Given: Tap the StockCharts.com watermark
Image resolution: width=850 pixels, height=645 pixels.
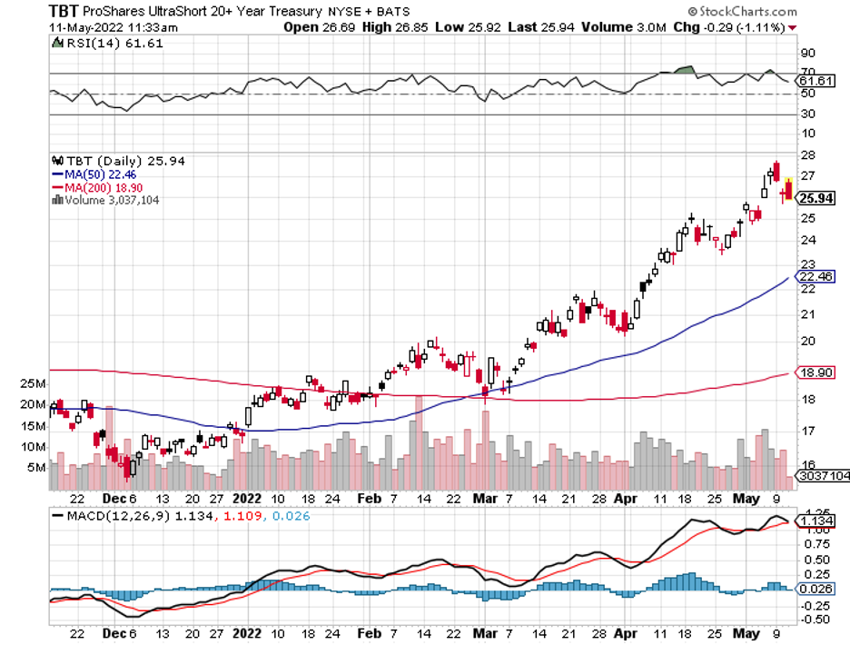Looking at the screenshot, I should tap(742, 12).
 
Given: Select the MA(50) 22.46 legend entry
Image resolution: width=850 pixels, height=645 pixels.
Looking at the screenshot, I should tap(94, 174).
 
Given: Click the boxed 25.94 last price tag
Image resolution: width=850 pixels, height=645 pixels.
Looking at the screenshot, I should tap(818, 198).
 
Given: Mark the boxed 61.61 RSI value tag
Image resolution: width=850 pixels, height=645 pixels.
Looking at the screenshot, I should tap(815, 81).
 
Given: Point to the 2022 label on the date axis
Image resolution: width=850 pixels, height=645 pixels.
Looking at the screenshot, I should tap(247, 499).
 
